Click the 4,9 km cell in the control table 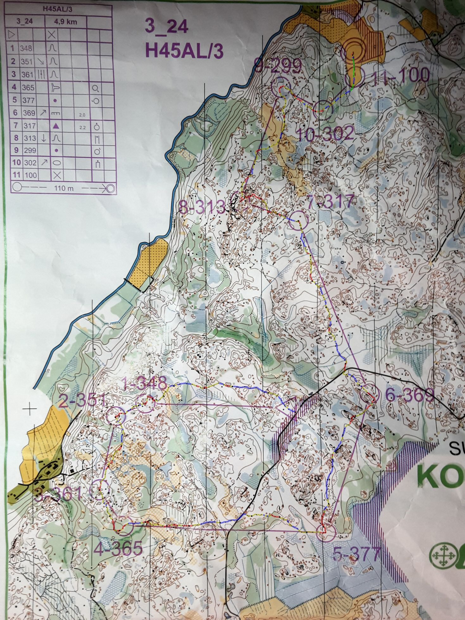click(66, 22)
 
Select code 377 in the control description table click(28, 100)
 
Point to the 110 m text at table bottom click(64, 188)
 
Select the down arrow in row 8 click(44, 138)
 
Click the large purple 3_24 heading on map click(167, 27)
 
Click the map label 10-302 click(326, 135)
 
